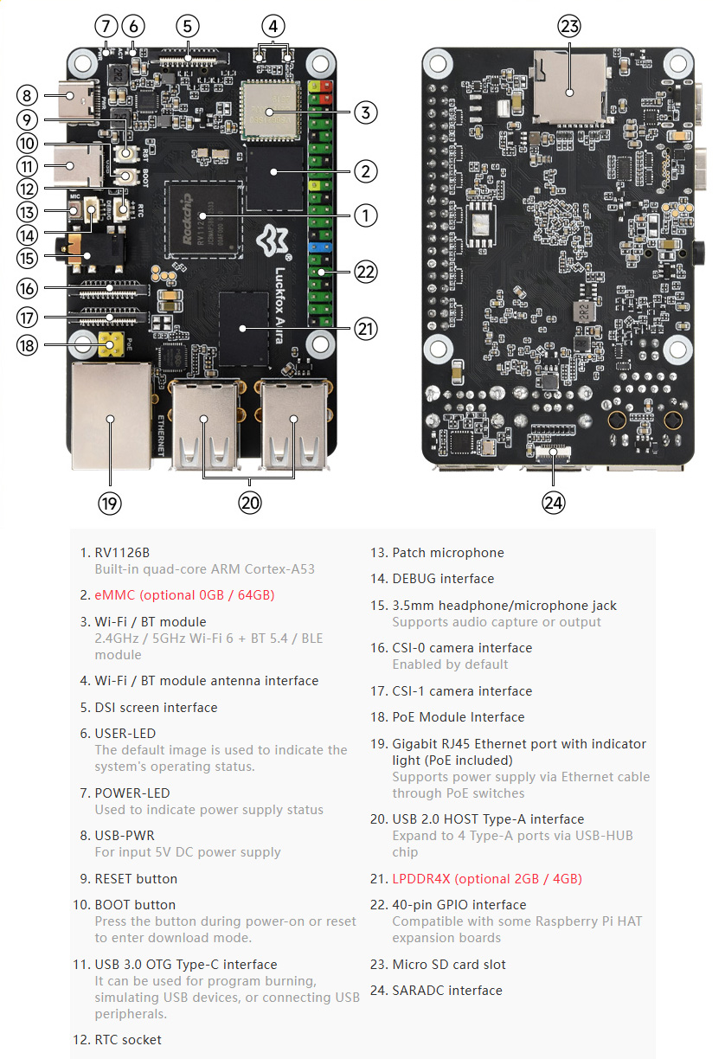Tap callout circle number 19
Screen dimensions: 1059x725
[110, 503]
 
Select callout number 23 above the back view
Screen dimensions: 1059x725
[569, 26]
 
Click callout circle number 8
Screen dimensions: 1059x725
[27, 96]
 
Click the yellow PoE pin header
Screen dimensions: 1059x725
[110, 343]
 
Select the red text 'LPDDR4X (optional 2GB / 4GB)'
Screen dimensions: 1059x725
[487, 878]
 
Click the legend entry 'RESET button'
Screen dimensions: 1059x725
[136, 878]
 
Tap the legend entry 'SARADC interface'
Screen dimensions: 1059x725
[447, 990]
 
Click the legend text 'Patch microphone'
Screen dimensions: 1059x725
[448, 552]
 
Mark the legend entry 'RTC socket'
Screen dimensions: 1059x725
[128, 1039]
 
